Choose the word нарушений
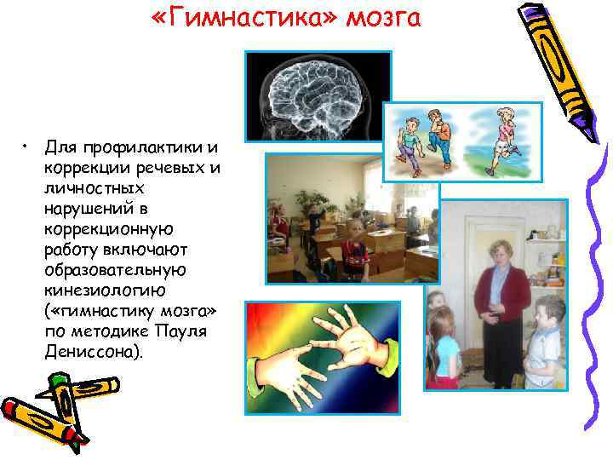click(89, 208)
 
